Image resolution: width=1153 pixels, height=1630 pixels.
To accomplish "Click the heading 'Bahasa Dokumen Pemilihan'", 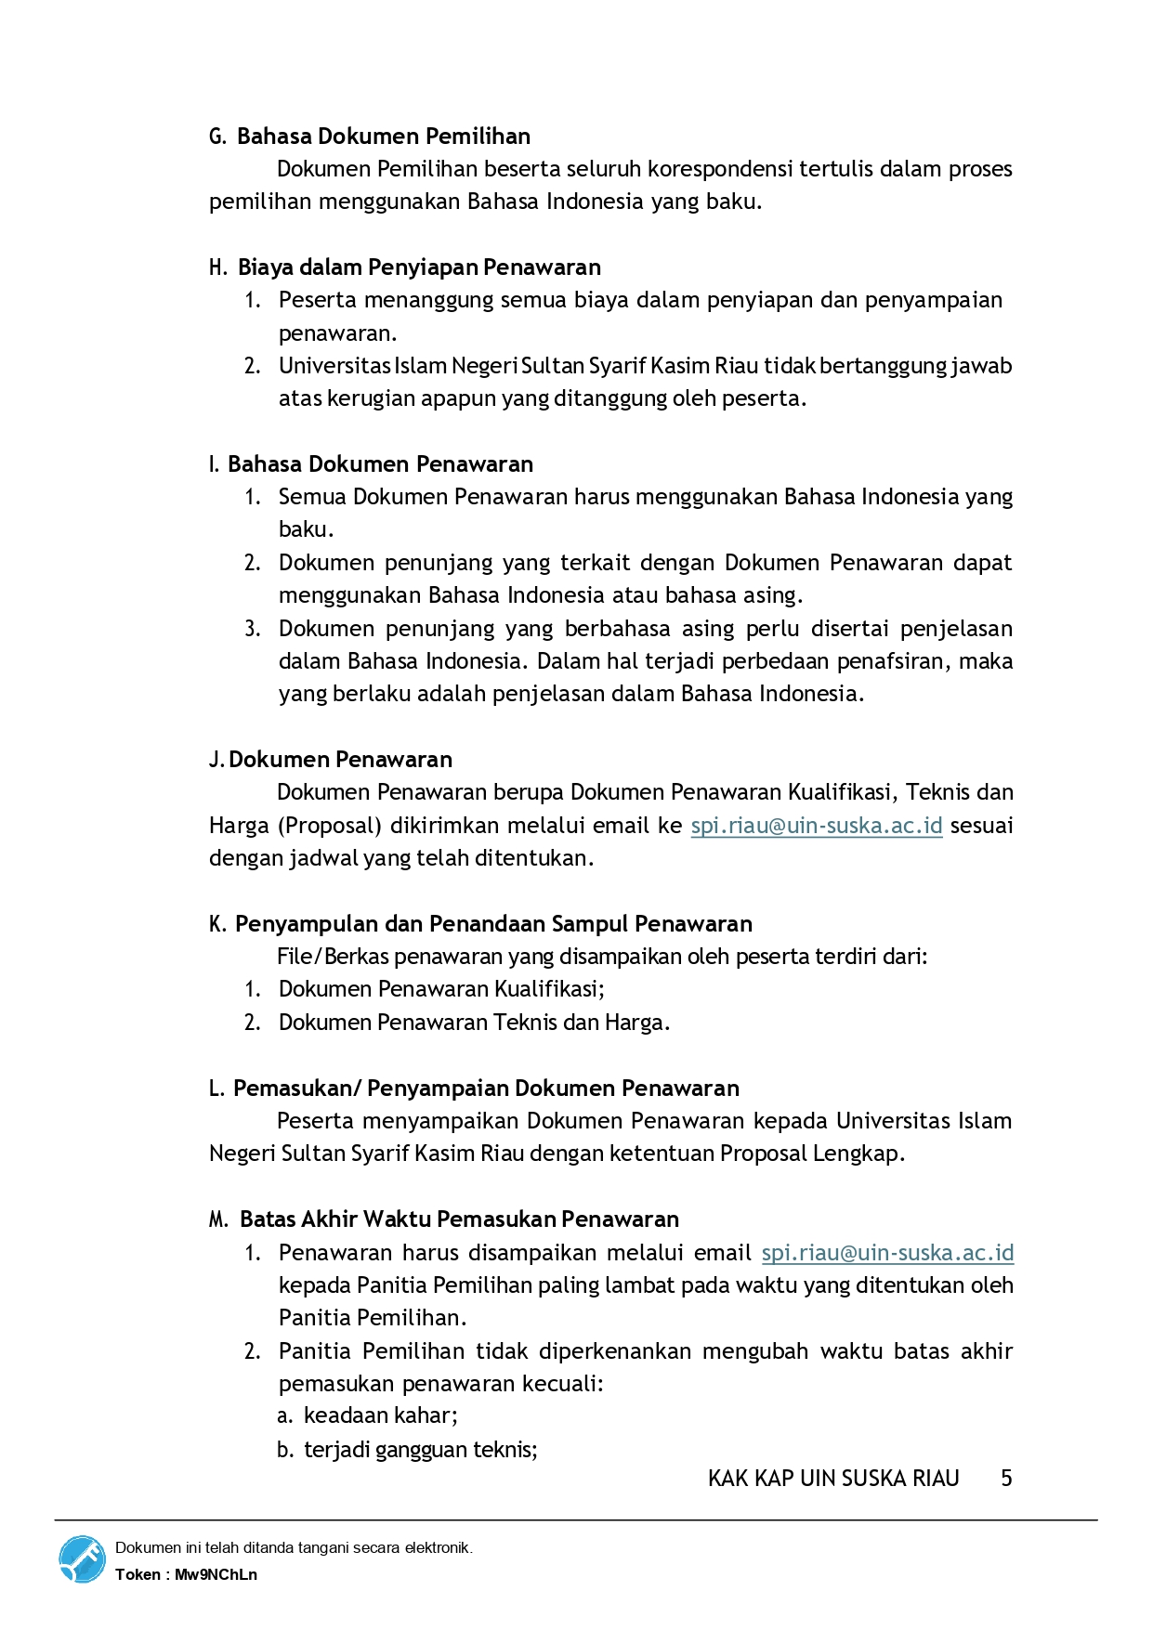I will (383, 137).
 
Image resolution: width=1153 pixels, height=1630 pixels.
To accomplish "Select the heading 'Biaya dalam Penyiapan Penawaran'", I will (419, 267).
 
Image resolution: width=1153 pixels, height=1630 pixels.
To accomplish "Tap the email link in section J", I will (816, 826).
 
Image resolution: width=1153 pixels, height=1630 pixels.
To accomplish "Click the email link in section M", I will (887, 1253).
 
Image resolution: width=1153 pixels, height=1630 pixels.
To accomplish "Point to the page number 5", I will (1006, 1479).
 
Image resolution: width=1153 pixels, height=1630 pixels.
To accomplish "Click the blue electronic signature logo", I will (82, 1559).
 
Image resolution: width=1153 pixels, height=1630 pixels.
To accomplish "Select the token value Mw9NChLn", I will (216, 1574).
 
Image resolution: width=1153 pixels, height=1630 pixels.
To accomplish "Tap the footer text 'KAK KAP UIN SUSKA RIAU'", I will (833, 1479).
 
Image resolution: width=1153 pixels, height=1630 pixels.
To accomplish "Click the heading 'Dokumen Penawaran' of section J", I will (340, 760).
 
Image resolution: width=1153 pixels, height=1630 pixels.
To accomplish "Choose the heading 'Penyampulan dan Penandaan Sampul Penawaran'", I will (493, 924).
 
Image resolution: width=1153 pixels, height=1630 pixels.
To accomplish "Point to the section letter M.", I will (218, 1219).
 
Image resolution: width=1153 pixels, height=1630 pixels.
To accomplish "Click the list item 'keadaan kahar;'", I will (381, 1415).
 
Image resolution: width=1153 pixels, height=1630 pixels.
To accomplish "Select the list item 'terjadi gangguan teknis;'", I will (421, 1450).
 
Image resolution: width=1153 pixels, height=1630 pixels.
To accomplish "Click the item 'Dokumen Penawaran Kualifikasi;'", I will (441, 989).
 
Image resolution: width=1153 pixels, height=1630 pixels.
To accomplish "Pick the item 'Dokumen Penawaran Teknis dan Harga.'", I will (474, 1023).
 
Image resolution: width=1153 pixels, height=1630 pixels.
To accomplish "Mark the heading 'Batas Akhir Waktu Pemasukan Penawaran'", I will (459, 1219).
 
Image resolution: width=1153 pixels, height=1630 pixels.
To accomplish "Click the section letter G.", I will (217, 137).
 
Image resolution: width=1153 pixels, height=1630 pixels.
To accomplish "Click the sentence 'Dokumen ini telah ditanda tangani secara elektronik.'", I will (294, 1547).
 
